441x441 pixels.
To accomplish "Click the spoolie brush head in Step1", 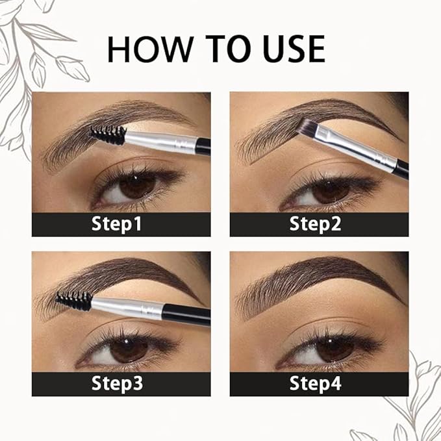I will click(x=108, y=135).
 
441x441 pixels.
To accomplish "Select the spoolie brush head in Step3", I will click(x=73, y=300).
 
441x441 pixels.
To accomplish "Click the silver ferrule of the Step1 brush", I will click(x=159, y=140).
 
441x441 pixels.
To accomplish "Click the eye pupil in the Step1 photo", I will click(x=137, y=188).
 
